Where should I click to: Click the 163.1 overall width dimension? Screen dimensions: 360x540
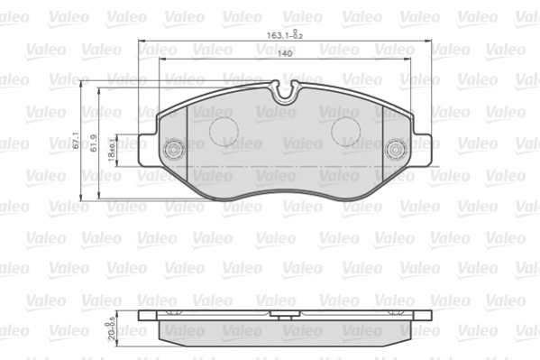[x=282, y=36]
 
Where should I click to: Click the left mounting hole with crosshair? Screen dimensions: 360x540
[x=173, y=150]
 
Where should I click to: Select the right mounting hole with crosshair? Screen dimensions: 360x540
[x=395, y=150]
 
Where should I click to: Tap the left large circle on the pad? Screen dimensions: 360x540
[x=225, y=132]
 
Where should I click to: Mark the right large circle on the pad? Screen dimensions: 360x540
[x=347, y=132]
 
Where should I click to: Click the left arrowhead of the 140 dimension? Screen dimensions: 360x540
[x=162, y=60]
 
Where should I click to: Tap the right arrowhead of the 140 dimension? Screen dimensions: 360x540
[x=410, y=60]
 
